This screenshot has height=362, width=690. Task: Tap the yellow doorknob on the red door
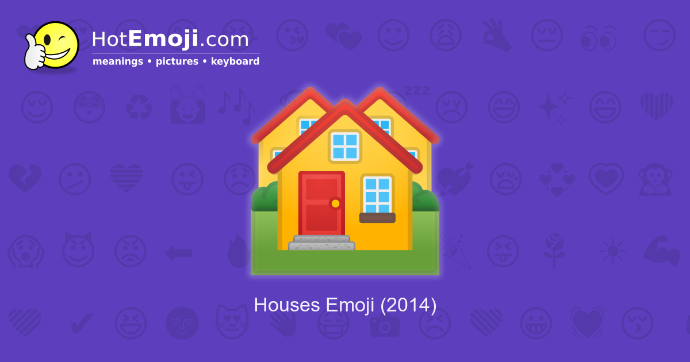coord(335,203)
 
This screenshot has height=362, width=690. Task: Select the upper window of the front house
coord(344,146)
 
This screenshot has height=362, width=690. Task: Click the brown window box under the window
coord(377,218)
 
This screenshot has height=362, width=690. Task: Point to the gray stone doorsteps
coord(321,243)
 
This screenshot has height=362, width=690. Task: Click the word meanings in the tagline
coord(117,61)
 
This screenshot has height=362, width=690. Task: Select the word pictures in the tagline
coord(177,61)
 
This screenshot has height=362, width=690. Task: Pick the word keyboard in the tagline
coord(235,61)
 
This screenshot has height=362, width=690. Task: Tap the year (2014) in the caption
coord(408,305)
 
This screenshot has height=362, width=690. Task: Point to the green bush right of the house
coord(425,198)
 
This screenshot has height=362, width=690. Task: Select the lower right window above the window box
coord(377,194)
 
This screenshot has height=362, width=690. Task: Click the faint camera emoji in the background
coord(384,325)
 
